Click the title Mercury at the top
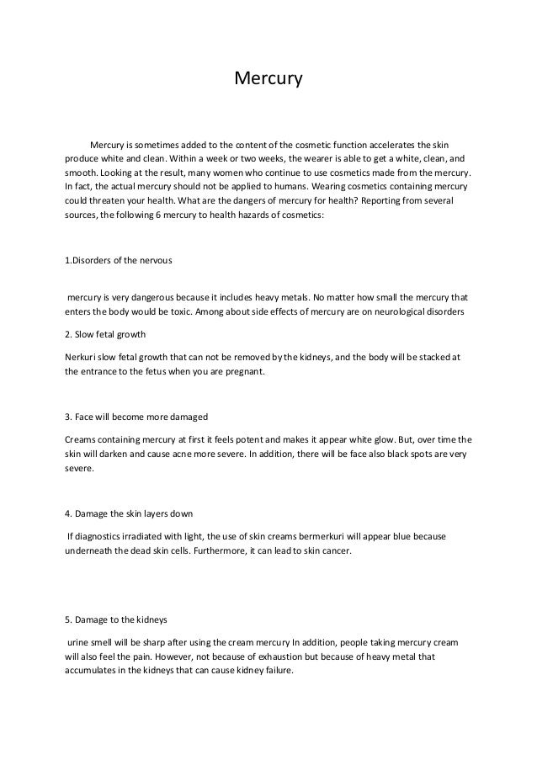pos(267,81)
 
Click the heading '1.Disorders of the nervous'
pos(118,260)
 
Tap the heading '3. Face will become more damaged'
pos(136,417)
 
